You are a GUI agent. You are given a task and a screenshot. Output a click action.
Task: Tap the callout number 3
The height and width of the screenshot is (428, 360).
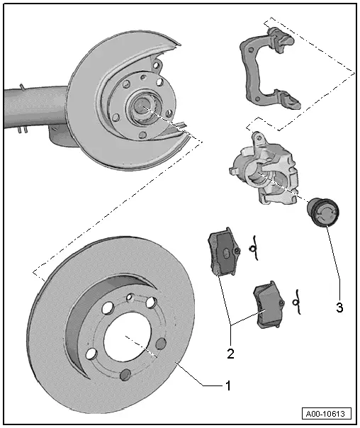coord(339,309)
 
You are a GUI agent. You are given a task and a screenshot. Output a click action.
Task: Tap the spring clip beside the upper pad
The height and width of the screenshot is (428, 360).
coord(252,247)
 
